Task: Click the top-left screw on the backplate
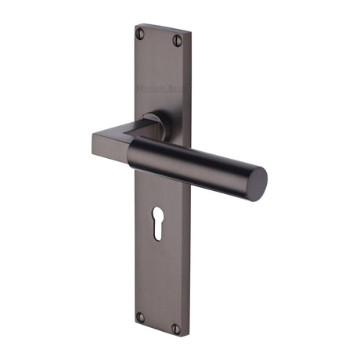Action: (x=141, y=34)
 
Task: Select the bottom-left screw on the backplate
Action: (x=140, y=317)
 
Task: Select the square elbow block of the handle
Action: (x=110, y=146)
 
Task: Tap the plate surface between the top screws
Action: (x=157, y=39)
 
